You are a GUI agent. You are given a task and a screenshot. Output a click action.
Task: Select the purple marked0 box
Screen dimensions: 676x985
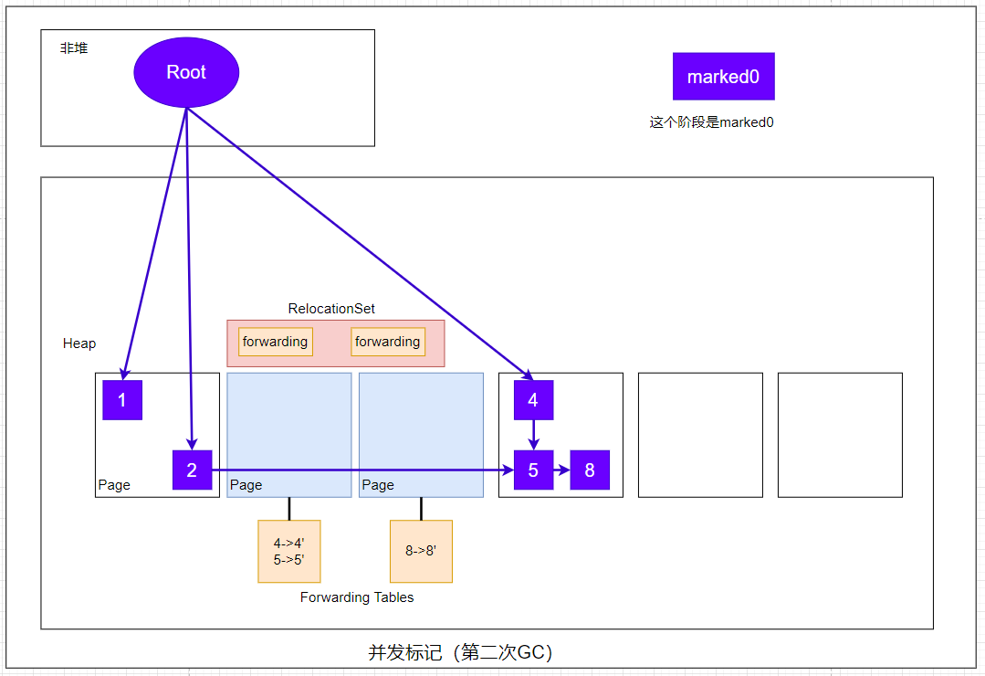(x=723, y=77)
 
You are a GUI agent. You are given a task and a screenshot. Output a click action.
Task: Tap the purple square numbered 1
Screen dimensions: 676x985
(x=122, y=400)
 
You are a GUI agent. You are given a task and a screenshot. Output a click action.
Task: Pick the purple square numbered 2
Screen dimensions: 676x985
(x=192, y=470)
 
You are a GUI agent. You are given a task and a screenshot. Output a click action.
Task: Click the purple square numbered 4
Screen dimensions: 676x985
(x=533, y=400)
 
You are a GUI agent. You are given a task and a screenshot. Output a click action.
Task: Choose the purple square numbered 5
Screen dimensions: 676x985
(x=533, y=470)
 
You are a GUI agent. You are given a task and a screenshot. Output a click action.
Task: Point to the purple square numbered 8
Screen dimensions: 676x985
(x=590, y=470)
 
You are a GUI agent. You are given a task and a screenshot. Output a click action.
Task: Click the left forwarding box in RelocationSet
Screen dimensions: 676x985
(x=275, y=342)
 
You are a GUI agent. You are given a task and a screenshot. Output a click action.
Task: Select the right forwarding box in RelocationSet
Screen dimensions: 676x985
(x=388, y=342)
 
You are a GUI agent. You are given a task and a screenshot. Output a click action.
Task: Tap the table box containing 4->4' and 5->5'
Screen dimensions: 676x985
(x=289, y=551)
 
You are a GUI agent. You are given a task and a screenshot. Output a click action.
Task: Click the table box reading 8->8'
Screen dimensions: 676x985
(x=421, y=551)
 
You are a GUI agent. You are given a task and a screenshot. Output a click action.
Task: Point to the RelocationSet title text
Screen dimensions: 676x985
(x=331, y=309)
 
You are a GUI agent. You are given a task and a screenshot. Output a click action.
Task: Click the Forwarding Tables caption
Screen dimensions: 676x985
(x=357, y=597)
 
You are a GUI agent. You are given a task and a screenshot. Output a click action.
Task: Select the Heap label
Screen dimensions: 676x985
(x=79, y=343)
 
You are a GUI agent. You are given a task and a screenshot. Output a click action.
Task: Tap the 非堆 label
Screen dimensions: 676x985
(x=74, y=48)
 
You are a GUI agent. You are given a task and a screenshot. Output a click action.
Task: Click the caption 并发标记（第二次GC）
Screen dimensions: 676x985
(x=460, y=652)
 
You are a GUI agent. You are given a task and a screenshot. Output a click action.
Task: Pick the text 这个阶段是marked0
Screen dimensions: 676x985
(x=711, y=122)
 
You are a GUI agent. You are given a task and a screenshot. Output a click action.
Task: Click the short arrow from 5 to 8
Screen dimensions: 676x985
(x=561, y=470)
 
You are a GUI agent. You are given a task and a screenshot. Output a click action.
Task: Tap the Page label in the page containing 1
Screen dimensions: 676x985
(x=114, y=485)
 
